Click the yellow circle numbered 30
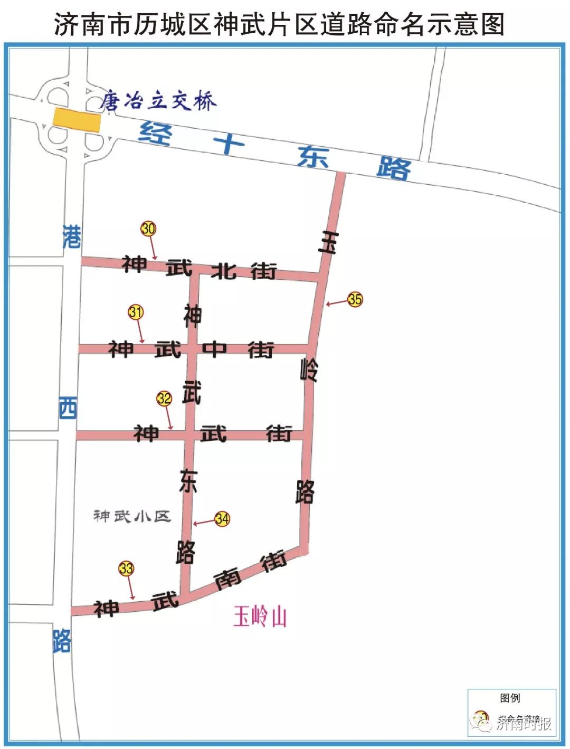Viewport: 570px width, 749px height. (x=148, y=229)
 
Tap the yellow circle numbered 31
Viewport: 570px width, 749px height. (x=136, y=312)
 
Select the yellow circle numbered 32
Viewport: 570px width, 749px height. (x=164, y=398)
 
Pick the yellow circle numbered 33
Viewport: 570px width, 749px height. (x=126, y=568)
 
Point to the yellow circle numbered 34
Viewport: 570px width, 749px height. (x=222, y=519)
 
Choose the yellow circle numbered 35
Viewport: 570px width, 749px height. (x=355, y=299)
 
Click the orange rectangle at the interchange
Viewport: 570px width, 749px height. (x=77, y=120)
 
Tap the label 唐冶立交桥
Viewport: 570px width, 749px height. (x=158, y=100)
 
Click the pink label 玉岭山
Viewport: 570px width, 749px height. (x=260, y=617)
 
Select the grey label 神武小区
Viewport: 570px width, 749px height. (x=132, y=516)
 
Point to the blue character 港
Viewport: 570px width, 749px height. (x=72, y=236)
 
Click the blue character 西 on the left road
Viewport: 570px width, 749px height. (x=68, y=408)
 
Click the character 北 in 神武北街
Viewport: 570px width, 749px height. (x=224, y=271)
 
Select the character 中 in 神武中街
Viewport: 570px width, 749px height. (x=214, y=349)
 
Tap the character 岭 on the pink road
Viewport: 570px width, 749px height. (x=309, y=369)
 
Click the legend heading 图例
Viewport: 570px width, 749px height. (x=510, y=698)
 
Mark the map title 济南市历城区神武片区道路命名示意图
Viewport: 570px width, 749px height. (x=279, y=24)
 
